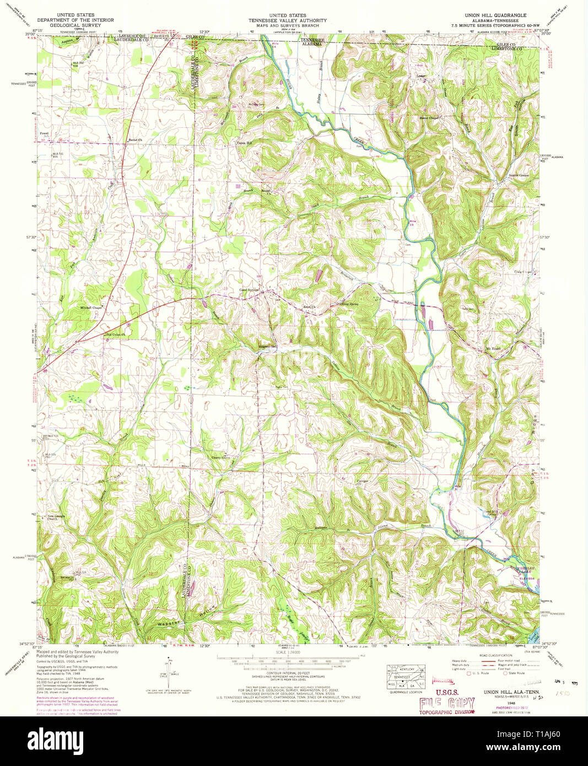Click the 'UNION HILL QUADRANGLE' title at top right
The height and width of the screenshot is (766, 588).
pos(497,15)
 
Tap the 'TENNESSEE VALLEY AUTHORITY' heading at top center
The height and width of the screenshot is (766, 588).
pos(287,20)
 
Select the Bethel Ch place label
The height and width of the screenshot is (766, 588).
pos(135,140)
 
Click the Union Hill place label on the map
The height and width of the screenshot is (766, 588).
pos(244,143)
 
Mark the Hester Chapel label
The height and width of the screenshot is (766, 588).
pos(429,118)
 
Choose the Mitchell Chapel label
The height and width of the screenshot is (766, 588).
pos(91,308)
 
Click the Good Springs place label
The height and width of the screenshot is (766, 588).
pos(249,290)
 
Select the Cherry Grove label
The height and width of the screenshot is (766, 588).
pos(220,457)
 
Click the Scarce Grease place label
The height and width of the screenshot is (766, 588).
pos(518,175)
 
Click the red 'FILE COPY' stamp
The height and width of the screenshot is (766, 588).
pos(446,703)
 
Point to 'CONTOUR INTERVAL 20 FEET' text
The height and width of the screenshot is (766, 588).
pos(287,673)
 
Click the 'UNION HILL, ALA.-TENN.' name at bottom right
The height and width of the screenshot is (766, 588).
pos(511,691)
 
